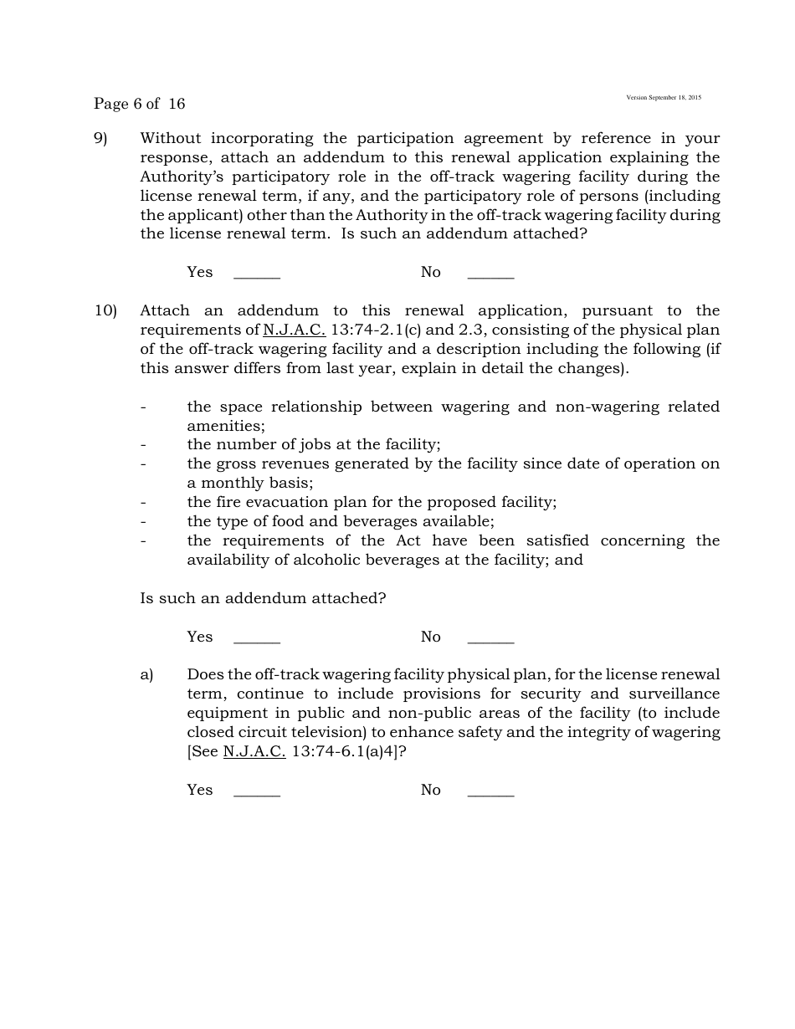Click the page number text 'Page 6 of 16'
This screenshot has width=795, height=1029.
tap(139, 104)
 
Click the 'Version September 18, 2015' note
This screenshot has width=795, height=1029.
tap(664, 98)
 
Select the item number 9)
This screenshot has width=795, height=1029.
tap(100, 138)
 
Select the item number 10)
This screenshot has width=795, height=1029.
tap(105, 310)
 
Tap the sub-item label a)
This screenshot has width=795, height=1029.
tap(146, 674)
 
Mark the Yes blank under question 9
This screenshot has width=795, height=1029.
tap(256, 273)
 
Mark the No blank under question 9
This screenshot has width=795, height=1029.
tap(490, 273)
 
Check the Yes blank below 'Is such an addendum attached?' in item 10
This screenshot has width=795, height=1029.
tap(256, 637)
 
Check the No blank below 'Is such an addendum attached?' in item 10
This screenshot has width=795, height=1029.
tap(490, 637)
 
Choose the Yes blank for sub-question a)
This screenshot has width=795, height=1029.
tap(256, 791)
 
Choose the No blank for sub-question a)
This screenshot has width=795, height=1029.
tap(490, 791)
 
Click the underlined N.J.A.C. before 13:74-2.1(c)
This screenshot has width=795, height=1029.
tap(294, 330)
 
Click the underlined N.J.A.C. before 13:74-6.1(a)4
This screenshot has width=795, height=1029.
tap(254, 751)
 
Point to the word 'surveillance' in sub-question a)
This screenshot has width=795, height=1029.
tap(674, 694)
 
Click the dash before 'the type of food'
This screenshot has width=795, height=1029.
tap(143, 521)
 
